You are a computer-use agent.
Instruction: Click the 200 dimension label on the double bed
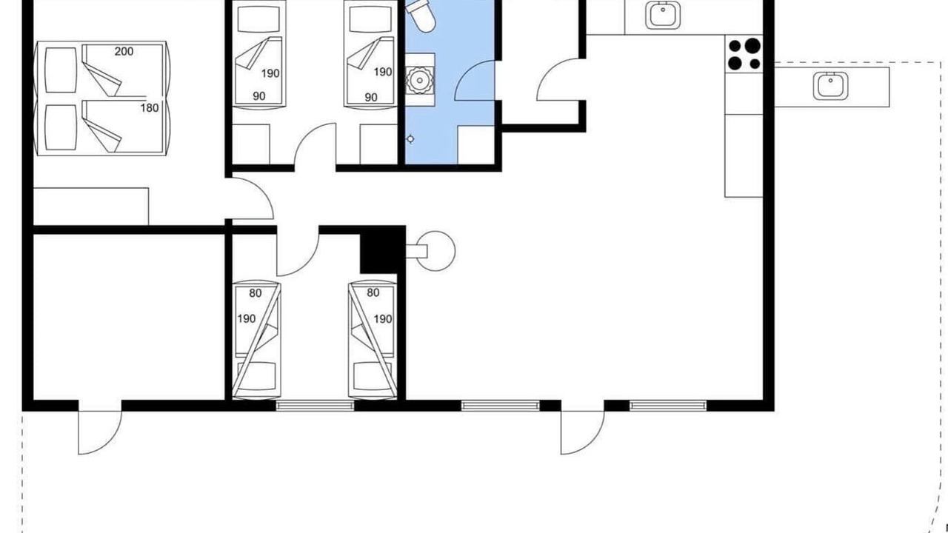(124, 52)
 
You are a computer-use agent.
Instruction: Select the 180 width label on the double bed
(150, 108)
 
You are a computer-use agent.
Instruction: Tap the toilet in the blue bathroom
(420, 16)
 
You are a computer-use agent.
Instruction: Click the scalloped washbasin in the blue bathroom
(420, 79)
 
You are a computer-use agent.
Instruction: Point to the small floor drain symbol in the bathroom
(410, 138)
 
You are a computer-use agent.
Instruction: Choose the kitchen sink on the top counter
(663, 16)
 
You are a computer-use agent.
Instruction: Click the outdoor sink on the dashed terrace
(830, 86)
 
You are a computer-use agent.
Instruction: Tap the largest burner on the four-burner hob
(752, 46)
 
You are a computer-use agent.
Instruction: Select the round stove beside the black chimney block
(435, 251)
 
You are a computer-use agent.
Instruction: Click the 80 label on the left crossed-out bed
(256, 293)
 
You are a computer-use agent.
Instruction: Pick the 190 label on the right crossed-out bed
(383, 319)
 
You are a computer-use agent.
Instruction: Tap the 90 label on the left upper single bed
(259, 96)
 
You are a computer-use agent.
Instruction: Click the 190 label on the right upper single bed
(383, 73)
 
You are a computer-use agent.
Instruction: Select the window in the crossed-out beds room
(315, 406)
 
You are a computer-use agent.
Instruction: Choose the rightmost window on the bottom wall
(668, 406)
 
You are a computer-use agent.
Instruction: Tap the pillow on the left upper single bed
(258, 19)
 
